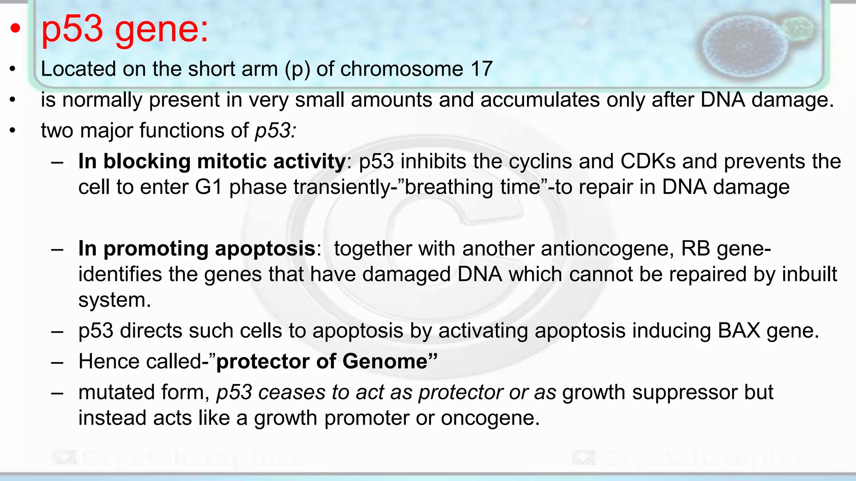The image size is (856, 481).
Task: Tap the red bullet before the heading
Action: pos(15,28)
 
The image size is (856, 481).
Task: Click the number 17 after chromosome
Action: pos(481,69)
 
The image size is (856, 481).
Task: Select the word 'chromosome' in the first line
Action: pos(402,69)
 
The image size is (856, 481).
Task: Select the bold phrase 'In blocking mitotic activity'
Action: pos(212,162)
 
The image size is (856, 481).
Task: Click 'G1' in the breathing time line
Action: pos(209,187)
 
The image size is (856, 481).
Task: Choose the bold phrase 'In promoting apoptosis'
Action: pos(196,249)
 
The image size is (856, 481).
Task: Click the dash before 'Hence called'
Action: pos(57,362)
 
